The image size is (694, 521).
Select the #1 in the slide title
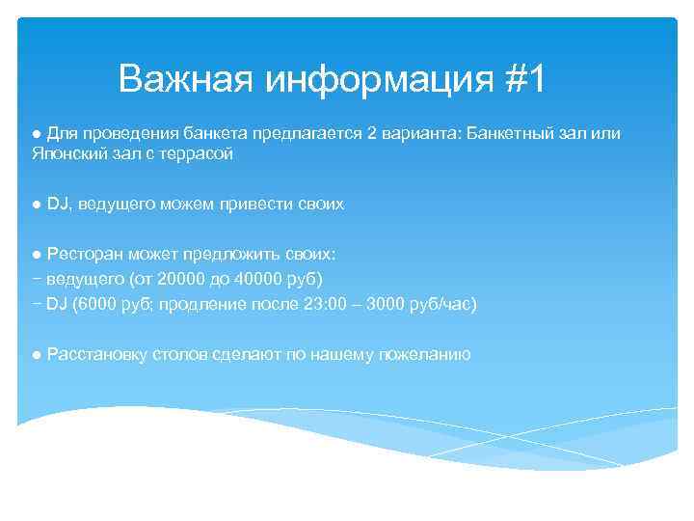pyautogui.click(x=523, y=79)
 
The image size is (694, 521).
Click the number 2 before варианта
pyautogui.click(x=372, y=132)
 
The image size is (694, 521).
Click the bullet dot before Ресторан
pyautogui.click(x=35, y=255)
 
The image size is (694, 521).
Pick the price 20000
pyautogui.click(x=181, y=279)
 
